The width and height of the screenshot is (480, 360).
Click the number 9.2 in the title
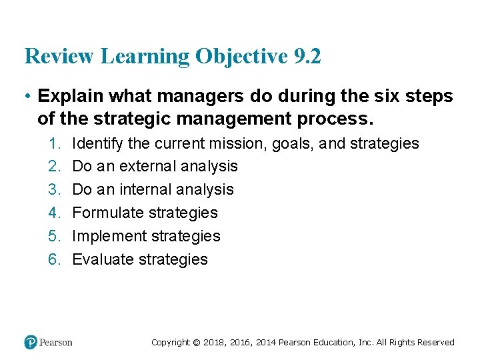tap(306, 57)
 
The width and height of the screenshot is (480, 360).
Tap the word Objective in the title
tap(241, 57)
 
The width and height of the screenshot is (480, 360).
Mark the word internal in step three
tap(145, 190)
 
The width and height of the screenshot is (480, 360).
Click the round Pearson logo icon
tap(31, 342)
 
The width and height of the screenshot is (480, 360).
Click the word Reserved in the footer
tap(435, 343)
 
